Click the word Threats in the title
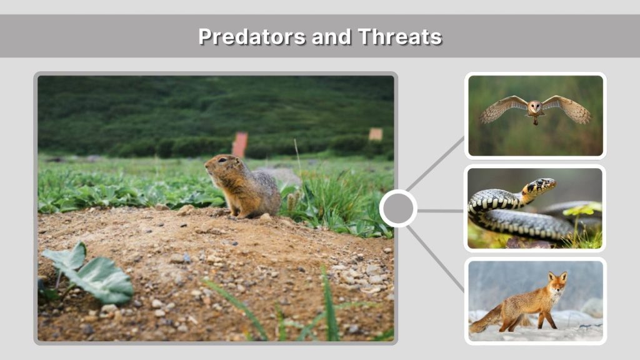point(400,36)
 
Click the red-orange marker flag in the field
point(240,144)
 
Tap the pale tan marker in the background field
point(375,134)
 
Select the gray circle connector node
point(398,208)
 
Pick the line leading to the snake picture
point(441,211)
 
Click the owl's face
point(535,107)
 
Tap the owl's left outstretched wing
point(500,109)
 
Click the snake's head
point(542,185)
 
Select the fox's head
point(557,281)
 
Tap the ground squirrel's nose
point(206,165)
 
